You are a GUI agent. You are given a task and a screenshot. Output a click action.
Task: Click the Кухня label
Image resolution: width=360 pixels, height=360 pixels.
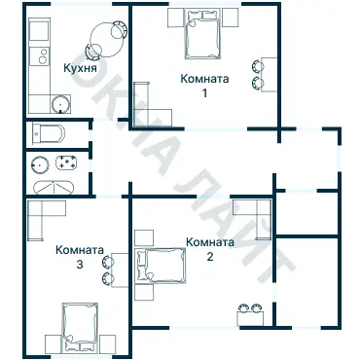coord(78,70)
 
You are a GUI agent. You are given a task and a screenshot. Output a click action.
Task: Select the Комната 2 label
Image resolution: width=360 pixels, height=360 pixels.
coord(209,242)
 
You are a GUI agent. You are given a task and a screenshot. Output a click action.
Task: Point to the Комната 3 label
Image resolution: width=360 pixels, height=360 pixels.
coord(80,248)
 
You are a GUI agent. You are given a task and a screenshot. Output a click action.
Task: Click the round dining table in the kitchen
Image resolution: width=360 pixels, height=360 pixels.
coord(103,40)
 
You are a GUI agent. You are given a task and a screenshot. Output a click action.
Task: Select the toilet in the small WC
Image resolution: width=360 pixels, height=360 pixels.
coord(49,133)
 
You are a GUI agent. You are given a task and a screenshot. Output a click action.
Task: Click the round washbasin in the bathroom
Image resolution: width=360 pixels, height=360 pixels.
coord(41,163)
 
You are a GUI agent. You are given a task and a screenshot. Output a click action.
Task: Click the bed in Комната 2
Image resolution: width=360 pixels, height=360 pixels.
coord(162,266)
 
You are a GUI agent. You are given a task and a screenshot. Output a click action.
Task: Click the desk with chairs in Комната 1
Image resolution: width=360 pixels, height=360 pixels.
coord(262,66)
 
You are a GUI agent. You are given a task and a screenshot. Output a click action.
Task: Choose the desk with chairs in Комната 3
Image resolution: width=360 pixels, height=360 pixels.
coord(113,270)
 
